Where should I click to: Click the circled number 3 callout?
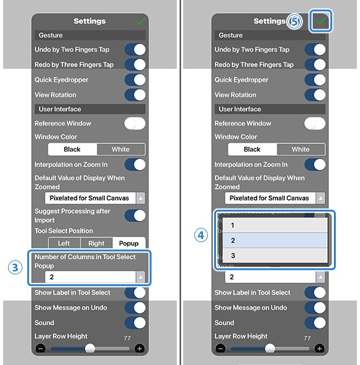coord(15,267)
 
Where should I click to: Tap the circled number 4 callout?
coord(201,235)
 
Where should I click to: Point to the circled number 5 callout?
coord(294,21)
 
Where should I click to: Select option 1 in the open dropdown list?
coord(275,225)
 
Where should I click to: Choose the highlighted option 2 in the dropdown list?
coord(275,240)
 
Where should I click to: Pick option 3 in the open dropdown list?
coord(275,255)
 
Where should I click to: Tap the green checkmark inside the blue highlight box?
coord(321,21)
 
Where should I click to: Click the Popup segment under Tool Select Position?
coord(129,243)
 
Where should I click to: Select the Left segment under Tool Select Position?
coord(64,243)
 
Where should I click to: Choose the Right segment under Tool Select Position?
coord(96,243)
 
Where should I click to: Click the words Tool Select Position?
coord(64,231)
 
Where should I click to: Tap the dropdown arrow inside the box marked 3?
coord(140,277)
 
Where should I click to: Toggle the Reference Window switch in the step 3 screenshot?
coord(135,124)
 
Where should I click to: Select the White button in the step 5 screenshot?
coord(300,149)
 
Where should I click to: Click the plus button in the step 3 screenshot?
coord(140,348)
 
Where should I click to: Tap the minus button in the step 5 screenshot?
coord(220,348)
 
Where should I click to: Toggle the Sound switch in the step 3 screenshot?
coord(135,323)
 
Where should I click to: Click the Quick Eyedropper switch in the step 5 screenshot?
coord(315,79)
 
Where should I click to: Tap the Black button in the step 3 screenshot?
coord(72,149)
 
